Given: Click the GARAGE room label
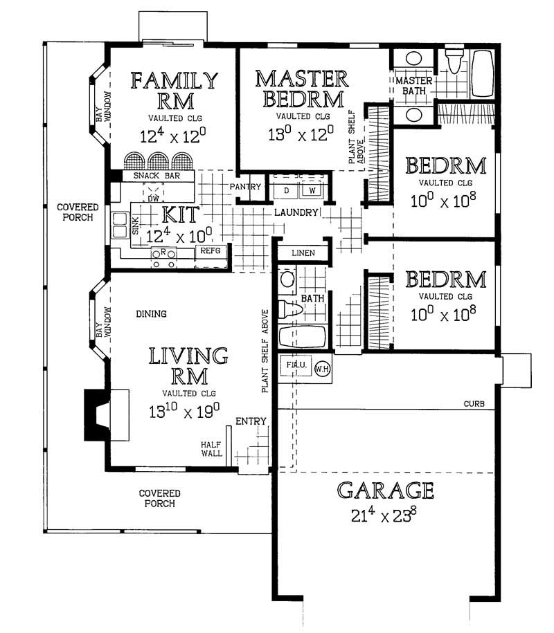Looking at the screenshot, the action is click(386, 490).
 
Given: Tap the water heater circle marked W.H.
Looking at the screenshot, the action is click(322, 368).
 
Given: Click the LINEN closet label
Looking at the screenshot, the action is click(303, 253).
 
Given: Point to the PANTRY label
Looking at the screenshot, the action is click(245, 187).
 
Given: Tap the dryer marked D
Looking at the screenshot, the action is click(287, 190).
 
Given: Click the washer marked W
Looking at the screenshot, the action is click(312, 190).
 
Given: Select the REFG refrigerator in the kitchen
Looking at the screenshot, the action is click(211, 250).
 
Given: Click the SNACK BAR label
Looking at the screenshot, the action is click(157, 176).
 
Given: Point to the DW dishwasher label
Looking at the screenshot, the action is click(153, 199).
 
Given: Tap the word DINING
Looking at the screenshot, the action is click(151, 313).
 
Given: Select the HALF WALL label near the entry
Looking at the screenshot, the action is click(211, 449).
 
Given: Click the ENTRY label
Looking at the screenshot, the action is click(251, 421).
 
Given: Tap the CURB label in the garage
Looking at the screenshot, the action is click(474, 404).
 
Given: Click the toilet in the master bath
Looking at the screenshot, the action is click(454, 61).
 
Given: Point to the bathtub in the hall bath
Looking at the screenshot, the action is click(302, 337).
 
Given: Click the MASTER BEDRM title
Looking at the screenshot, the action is click(302, 89).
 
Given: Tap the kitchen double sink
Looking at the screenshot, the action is click(120, 225).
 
